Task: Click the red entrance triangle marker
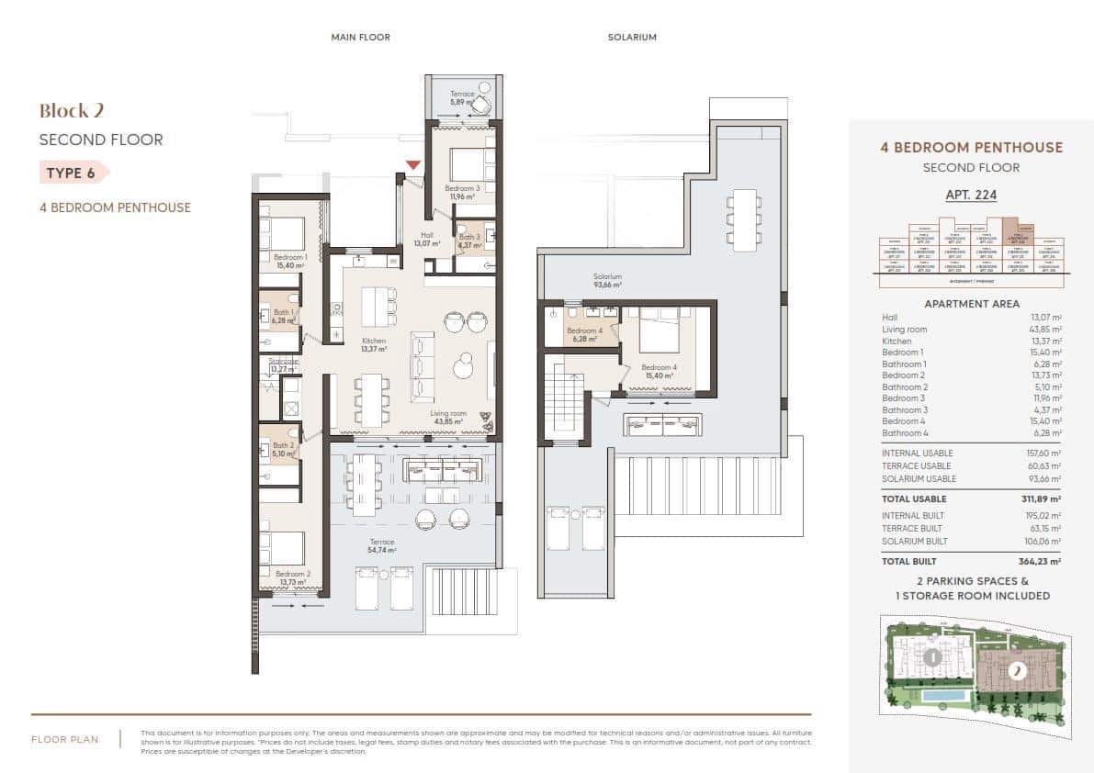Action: click(413, 165)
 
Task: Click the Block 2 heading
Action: click(72, 111)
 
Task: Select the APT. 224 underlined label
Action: click(971, 195)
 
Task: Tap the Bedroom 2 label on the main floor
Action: click(292, 578)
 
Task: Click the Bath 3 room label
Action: click(469, 241)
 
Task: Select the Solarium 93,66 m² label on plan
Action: click(607, 281)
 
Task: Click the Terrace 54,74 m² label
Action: click(382, 546)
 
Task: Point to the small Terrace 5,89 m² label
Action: click(462, 98)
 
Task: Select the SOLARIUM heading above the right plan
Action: click(632, 38)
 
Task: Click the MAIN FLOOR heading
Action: click(360, 38)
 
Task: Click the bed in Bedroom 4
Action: click(659, 338)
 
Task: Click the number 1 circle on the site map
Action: click(931, 657)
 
